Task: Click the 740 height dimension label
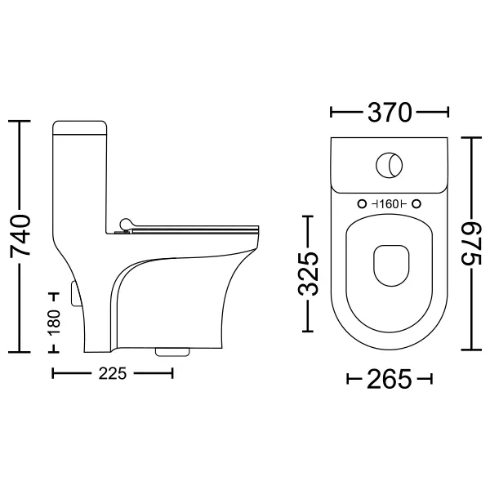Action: (x=20, y=236)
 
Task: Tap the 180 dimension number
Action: (x=54, y=323)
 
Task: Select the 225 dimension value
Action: (x=113, y=373)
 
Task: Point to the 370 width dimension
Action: (x=390, y=112)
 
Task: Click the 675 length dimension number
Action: (x=471, y=243)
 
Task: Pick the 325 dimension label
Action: (x=308, y=274)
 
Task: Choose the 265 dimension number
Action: (x=390, y=379)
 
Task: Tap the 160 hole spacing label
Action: (x=390, y=204)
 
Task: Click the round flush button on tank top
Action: (x=390, y=165)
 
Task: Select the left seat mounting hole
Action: (x=362, y=204)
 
